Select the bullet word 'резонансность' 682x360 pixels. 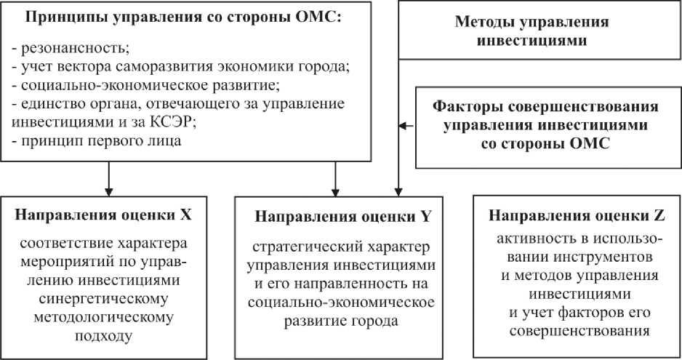click(x=72, y=49)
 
